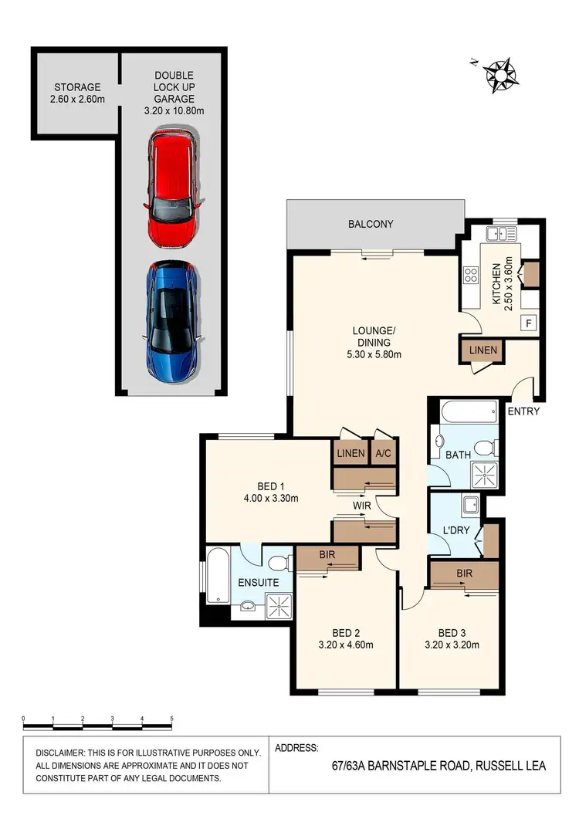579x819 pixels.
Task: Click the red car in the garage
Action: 171,189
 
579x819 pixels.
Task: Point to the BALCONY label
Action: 371,225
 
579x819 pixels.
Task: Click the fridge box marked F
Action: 529,323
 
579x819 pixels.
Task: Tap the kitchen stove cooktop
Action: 470,276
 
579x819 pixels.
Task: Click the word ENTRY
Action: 523,411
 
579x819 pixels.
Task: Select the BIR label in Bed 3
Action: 464,574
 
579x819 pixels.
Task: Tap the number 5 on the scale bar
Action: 171,719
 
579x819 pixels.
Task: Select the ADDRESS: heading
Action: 296,748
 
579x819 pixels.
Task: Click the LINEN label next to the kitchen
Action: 483,350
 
